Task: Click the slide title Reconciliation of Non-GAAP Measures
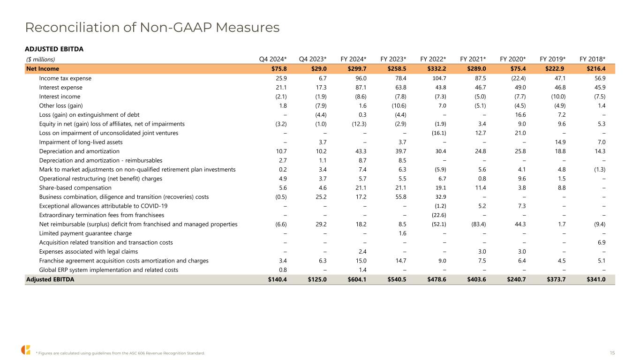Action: tap(152, 28)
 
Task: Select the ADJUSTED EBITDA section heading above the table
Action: tap(54, 49)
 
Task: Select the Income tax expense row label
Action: tap(65, 78)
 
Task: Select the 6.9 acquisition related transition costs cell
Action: tap(601, 243)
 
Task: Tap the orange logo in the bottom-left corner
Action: tap(25, 350)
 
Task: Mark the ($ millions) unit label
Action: tap(40, 60)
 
